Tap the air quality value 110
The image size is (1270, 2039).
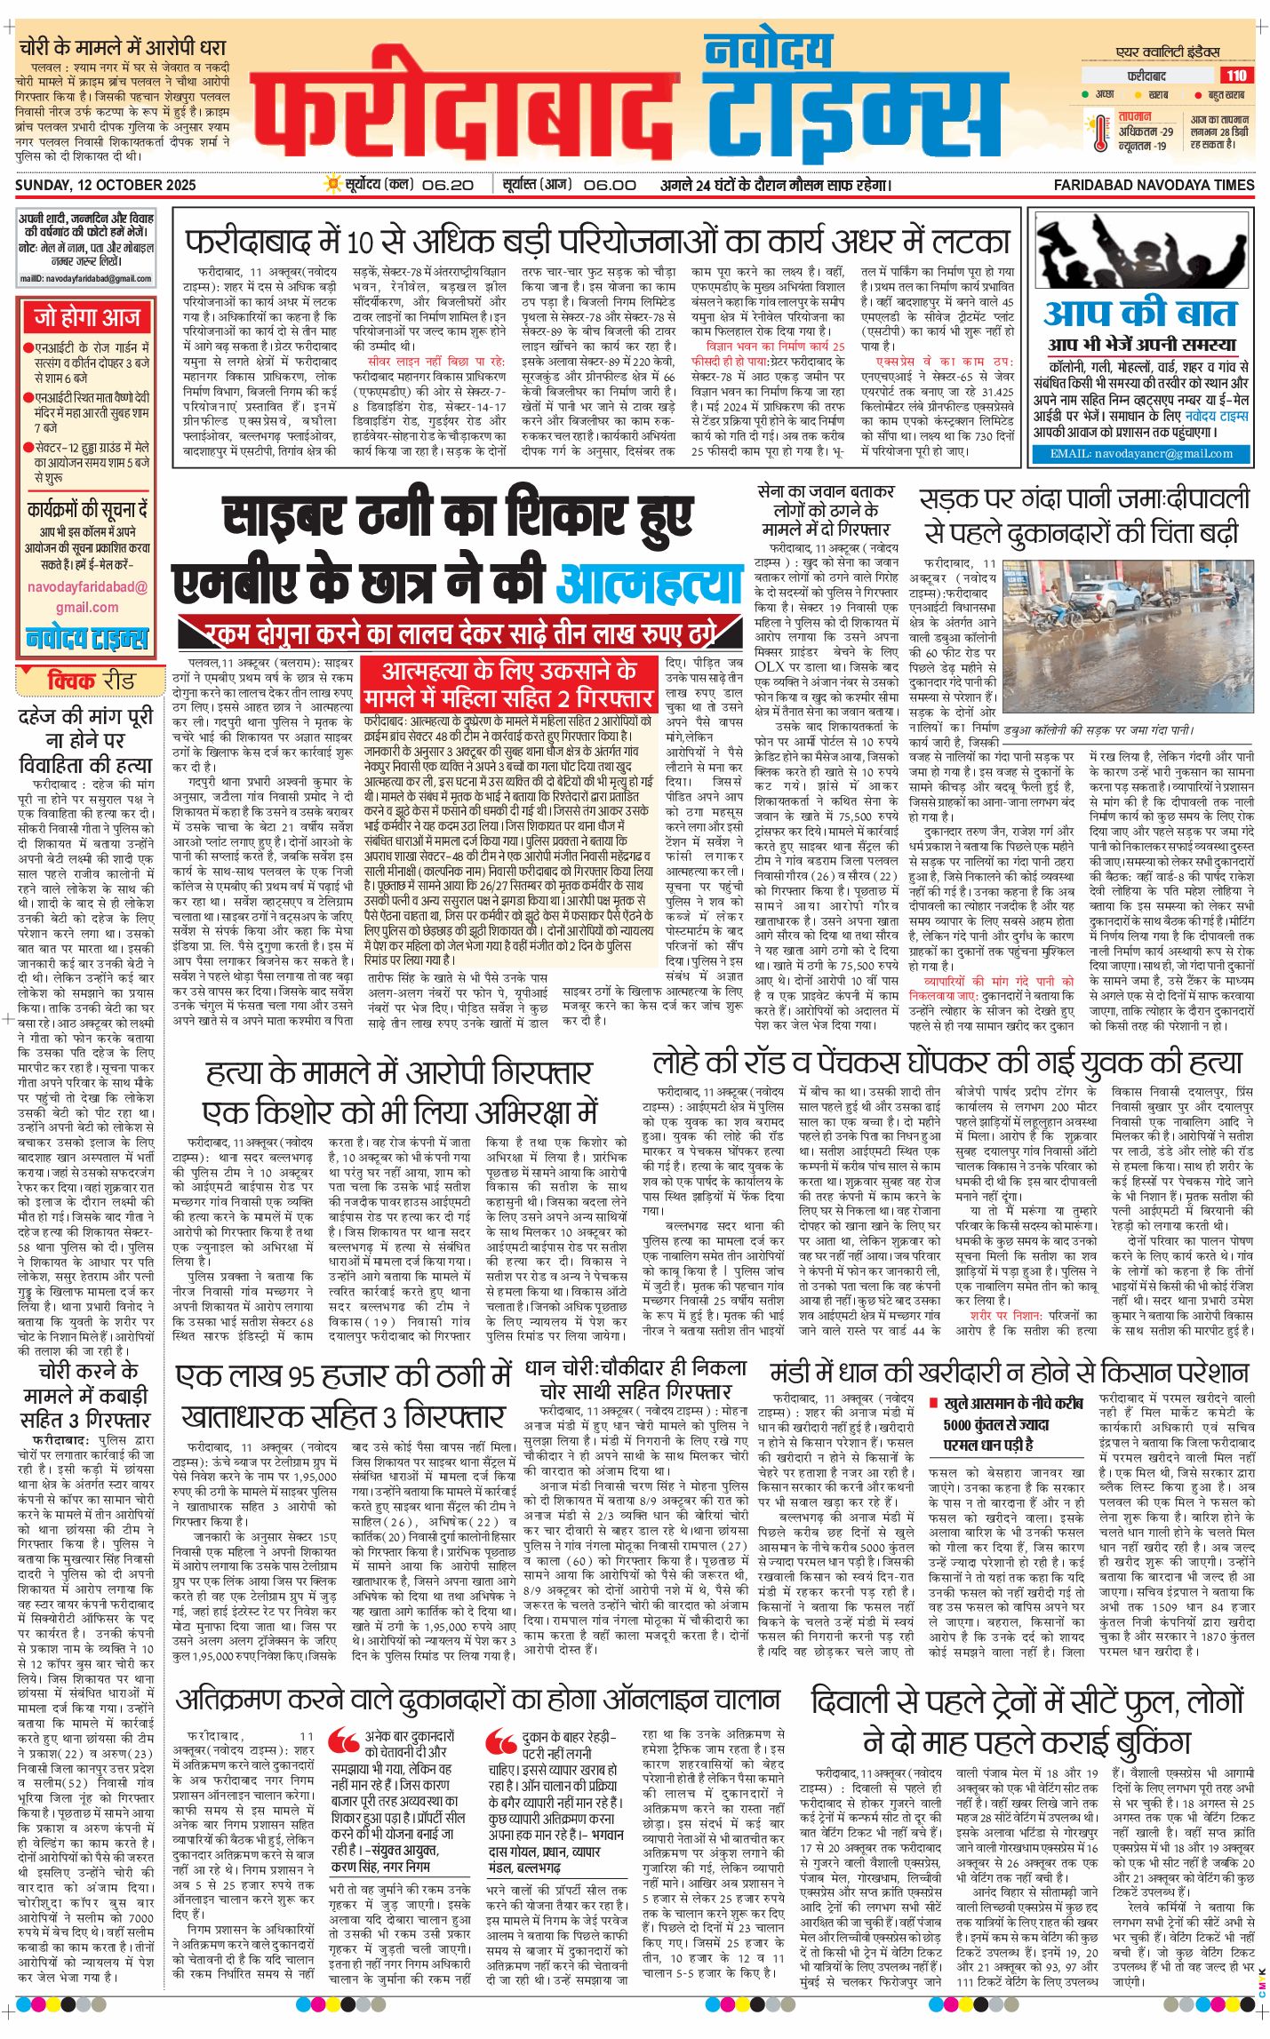point(1235,76)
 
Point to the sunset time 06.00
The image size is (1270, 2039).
point(610,185)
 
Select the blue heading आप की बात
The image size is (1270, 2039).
point(1140,314)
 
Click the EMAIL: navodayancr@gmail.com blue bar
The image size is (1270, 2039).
point(1141,453)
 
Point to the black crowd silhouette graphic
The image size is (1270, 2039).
point(1140,253)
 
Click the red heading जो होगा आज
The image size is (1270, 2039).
point(87,317)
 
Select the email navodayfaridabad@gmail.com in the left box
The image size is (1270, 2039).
point(87,597)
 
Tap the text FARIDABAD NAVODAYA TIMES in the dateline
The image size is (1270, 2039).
point(1154,185)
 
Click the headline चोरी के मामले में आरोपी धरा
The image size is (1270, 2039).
point(123,47)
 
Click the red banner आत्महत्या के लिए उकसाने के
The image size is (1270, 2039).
point(508,671)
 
